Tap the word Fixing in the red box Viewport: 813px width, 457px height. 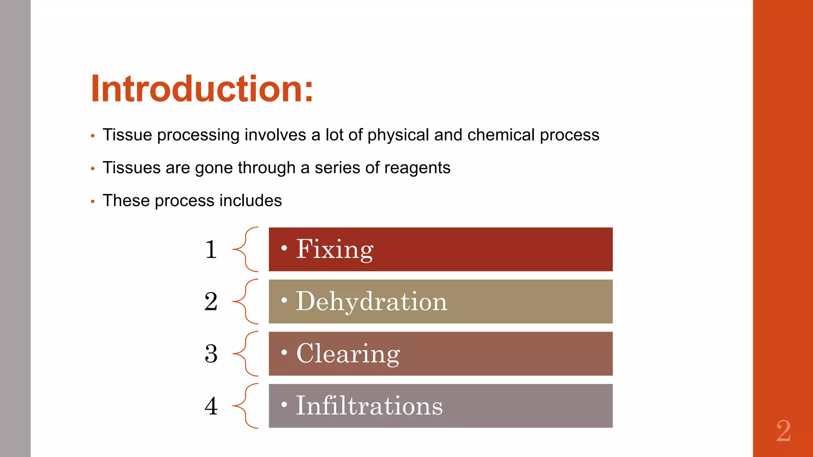pyautogui.click(x=334, y=250)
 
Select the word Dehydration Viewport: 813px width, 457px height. pyautogui.click(x=371, y=301)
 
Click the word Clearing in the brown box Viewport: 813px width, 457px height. pyautogui.click(x=348, y=353)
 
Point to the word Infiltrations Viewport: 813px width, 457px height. pyautogui.click(x=369, y=406)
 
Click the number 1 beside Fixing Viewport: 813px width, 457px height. pyautogui.click(x=211, y=250)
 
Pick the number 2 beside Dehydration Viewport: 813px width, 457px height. pyautogui.click(x=211, y=301)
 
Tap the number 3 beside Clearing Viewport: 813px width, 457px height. pyautogui.click(x=211, y=354)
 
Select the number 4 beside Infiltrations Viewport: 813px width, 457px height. pyautogui.click(x=211, y=406)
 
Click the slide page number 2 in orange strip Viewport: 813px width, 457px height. pyautogui.click(x=783, y=431)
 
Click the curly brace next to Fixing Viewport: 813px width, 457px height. pyautogui.click(x=245, y=249)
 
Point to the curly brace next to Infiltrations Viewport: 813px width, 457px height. pyautogui.click(x=245, y=406)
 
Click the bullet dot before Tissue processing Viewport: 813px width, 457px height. pyautogui.click(x=92, y=136)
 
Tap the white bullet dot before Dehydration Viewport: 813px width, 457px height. pyautogui.click(x=284, y=300)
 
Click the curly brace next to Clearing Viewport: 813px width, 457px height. pyautogui.click(x=245, y=353)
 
